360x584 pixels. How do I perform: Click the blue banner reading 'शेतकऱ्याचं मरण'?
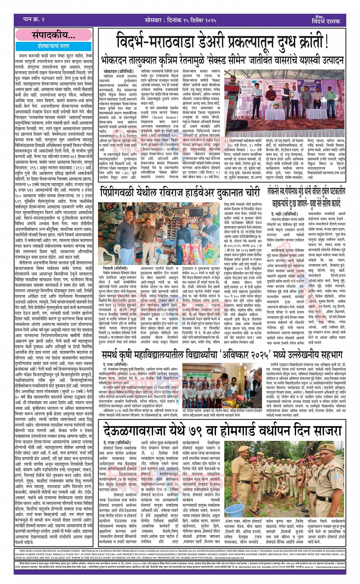tap(53, 46)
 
